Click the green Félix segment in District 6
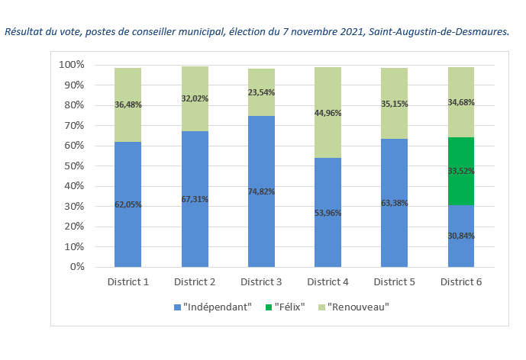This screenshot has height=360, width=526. coord(461,171)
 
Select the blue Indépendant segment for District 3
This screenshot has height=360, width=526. coord(261,191)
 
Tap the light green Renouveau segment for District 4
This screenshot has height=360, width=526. coord(328,113)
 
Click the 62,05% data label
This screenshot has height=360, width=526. coord(128,204)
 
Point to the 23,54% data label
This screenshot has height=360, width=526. coord(261,92)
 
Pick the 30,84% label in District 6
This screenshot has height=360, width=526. coord(461,236)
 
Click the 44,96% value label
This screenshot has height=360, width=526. coord(328,113)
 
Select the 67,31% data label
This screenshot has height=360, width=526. coord(195,199)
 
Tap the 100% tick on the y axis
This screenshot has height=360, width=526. coord(72,65)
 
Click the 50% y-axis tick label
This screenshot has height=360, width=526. coord(74,166)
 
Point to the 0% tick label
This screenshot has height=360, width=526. coord(77,267)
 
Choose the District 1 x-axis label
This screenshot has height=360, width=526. coord(128,282)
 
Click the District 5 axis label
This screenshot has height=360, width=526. coord(395,282)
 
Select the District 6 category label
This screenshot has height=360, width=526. coord(461,282)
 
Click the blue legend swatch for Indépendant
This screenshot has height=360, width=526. coord(177,307)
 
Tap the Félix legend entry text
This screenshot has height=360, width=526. coord(290,307)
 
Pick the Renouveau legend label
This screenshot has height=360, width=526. coord(358,307)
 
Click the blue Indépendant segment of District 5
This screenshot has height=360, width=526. coord(394,203)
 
